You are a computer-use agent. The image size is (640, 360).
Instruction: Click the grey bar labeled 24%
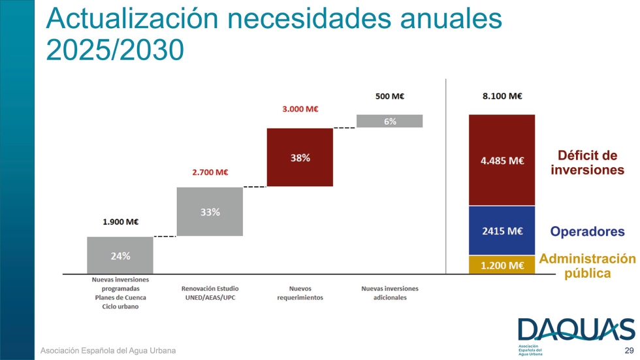(120, 255)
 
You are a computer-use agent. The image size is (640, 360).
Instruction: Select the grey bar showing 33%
(210, 212)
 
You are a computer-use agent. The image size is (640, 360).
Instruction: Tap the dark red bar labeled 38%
(300, 157)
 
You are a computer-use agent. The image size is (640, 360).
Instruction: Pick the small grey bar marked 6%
(390, 121)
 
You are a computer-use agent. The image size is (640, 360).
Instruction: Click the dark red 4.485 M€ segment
(502, 161)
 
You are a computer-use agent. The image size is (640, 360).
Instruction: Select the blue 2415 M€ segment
(502, 231)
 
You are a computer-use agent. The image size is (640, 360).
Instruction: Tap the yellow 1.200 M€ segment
(502, 265)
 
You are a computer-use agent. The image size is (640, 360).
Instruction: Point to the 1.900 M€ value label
(120, 221)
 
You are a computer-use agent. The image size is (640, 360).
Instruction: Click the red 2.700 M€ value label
(210, 172)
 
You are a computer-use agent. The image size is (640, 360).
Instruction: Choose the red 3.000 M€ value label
(300, 109)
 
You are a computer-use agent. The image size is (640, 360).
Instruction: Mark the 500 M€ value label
(390, 96)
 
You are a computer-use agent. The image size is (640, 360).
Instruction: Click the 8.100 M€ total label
(502, 96)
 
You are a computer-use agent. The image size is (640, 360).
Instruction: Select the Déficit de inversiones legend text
(587, 163)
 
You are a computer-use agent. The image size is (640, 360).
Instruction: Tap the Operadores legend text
(587, 231)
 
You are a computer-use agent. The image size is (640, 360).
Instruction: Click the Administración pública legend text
(587, 265)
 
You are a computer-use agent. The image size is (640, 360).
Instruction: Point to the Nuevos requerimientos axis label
(300, 293)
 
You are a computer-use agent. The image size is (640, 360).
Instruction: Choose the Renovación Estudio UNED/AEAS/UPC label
(210, 293)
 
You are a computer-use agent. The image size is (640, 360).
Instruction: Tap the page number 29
(629, 351)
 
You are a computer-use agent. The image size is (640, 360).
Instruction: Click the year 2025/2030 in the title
(116, 50)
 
